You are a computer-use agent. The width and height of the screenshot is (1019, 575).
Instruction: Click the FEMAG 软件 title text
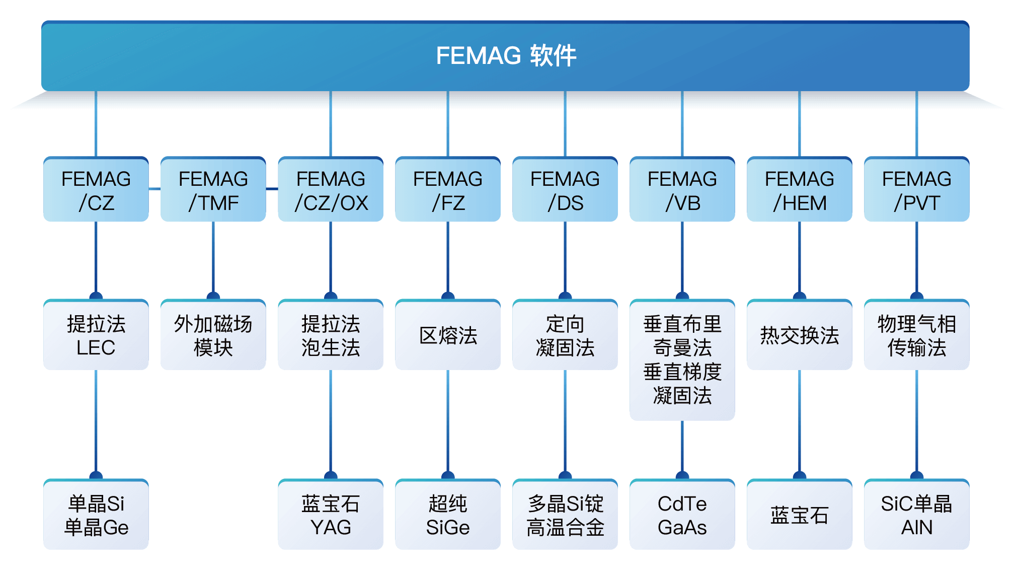pyautogui.click(x=506, y=55)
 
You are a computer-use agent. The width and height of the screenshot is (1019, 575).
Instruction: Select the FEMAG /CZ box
pyautogui.click(x=96, y=190)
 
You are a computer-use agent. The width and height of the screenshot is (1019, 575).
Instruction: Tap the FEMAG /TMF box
pyautogui.click(x=213, y=190)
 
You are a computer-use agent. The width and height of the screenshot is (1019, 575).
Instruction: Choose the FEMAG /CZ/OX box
pyautogui.click(x=331, y=190)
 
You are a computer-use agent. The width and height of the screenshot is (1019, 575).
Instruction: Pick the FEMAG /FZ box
pyautogui.click(x=448, y=190)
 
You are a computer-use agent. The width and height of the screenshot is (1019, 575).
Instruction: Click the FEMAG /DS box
pyautogui.click(x=565, y=190)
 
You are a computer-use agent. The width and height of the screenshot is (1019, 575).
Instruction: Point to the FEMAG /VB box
pyautogui.click(x=682, y=190)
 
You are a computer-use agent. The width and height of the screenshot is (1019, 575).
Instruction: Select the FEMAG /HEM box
pyautogui.click(x=800, y=190)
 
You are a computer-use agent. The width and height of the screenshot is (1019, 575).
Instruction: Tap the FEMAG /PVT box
pyautogui.click(x=917, y=190)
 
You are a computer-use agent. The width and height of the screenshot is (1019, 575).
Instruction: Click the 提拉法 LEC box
pyautogui.click(x=96, y=335)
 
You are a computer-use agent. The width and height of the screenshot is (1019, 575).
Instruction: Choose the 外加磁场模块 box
pyautogui.click(x=213, y=335)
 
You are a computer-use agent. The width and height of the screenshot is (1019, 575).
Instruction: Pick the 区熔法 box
pyautogui.click(x=448, y=335)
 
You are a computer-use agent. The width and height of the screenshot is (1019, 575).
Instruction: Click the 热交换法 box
pyautogui.click(x=800, y=335)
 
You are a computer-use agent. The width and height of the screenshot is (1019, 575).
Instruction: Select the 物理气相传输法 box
pyautogui.click(x=917, y=335)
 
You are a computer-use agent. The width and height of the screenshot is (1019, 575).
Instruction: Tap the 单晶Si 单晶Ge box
pyautogui.click(x=96, y=515)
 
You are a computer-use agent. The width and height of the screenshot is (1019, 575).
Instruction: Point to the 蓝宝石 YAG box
pyautogui.click(x=331, y=515)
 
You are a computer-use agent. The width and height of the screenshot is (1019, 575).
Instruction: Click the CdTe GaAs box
pyautogui.click(x=682, y=515)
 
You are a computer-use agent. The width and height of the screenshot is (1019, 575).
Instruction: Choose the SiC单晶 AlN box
pyautogui.click(x=917, y=515)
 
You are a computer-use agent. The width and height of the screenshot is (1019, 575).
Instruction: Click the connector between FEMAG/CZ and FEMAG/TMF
pyautogui.click(x=154, y=189)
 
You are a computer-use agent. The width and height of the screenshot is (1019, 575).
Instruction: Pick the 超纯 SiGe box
pyautogui.click(x=448, y=515)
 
